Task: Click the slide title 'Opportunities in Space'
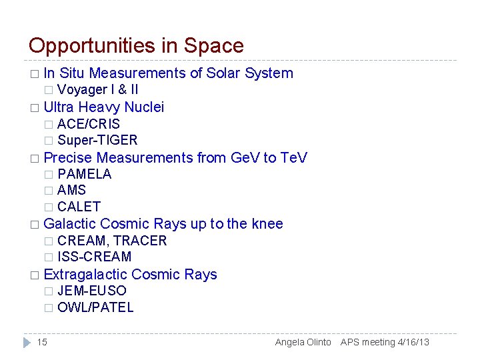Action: (136, 46)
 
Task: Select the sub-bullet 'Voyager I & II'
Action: (98, 89)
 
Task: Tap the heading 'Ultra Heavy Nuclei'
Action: (103, 107)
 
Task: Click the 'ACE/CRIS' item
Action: (89, 124)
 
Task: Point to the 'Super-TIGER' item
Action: (97, 140)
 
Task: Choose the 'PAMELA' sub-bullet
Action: (85, 174)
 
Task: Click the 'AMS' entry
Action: (72, 190)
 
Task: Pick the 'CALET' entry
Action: (79, 207)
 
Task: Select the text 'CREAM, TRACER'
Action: (112, 241)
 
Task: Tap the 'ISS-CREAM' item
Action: (95, 257)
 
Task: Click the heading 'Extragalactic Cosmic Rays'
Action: (130, 275)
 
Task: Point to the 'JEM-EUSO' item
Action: (92, 291)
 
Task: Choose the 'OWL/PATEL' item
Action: (95, 307)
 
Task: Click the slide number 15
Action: (42, 342)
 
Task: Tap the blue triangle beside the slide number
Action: (27, 342)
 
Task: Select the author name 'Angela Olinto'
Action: (303, 342)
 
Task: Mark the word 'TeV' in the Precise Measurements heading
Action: (293, 158)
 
